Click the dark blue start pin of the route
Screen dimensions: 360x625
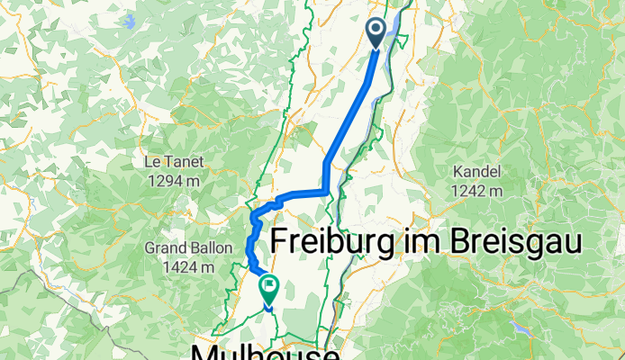376,32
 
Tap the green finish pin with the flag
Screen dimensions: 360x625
268,287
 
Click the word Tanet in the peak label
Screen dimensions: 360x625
184,162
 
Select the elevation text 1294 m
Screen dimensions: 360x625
175,181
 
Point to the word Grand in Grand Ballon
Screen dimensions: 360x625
162,248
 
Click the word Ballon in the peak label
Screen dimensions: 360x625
200,248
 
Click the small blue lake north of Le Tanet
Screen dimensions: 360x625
131,19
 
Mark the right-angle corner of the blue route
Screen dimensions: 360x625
325,191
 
